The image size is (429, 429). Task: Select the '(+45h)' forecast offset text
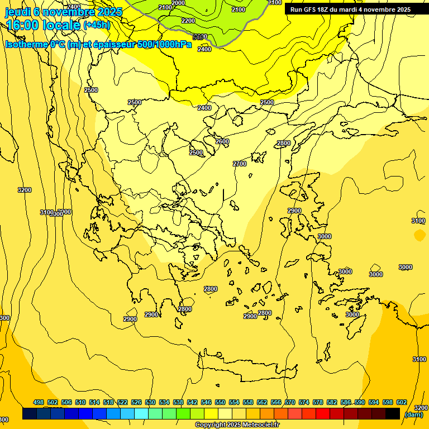point(97,25)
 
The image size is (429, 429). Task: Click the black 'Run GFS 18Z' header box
point(351,9)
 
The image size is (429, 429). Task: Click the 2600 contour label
point(222,141)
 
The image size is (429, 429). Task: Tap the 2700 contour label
point(240,164)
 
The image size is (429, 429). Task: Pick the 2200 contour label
point(188,21)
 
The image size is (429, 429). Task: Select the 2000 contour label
point(178,3)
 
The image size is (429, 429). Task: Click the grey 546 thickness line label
point(199,37)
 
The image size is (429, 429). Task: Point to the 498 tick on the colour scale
point(39,403)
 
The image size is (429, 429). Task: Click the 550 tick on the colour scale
point(220,403)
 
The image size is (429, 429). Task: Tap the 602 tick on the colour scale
point(402,403)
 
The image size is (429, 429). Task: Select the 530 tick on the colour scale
point(150,403)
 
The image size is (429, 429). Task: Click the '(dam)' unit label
point(414,414)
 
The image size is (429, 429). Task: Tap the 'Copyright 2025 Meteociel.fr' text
point(237,425)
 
